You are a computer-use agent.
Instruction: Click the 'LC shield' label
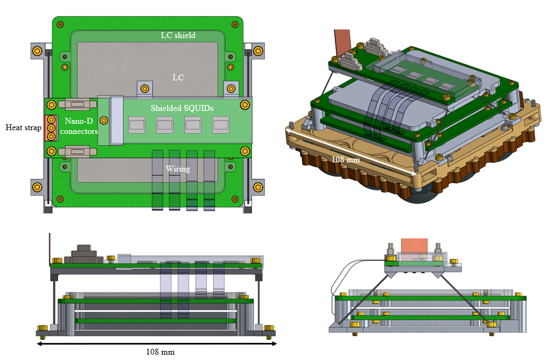[x=178, y=36]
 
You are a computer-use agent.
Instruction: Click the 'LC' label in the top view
[x=178, y=78]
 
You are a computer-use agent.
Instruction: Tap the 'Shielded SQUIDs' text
[x=182, y=108]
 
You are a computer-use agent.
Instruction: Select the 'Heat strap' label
[x=23, y=127]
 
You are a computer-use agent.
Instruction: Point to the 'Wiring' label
[x=178, y=169]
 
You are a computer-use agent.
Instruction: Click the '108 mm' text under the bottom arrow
[x=160, y=352]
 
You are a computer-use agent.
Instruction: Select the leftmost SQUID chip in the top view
[x=137, y=126]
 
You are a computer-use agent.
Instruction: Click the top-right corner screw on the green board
[x=236, y=24]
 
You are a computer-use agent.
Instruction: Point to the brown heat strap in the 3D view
[x=341, y=41]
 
